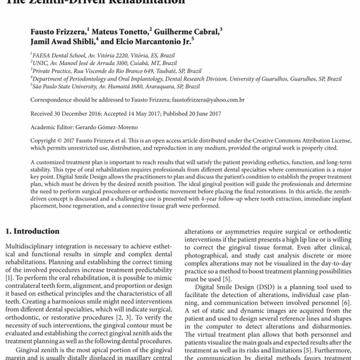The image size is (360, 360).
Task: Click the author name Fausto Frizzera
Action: tap(58, 32)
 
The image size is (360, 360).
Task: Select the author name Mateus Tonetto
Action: tap(121, 32)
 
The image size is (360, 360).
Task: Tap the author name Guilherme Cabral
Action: tap(187, 32)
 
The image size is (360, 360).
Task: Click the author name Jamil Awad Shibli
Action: tap(60, 42)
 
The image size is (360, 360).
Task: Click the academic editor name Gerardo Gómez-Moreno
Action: tap(112, 127)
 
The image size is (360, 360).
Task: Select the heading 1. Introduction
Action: tap(33, 232)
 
